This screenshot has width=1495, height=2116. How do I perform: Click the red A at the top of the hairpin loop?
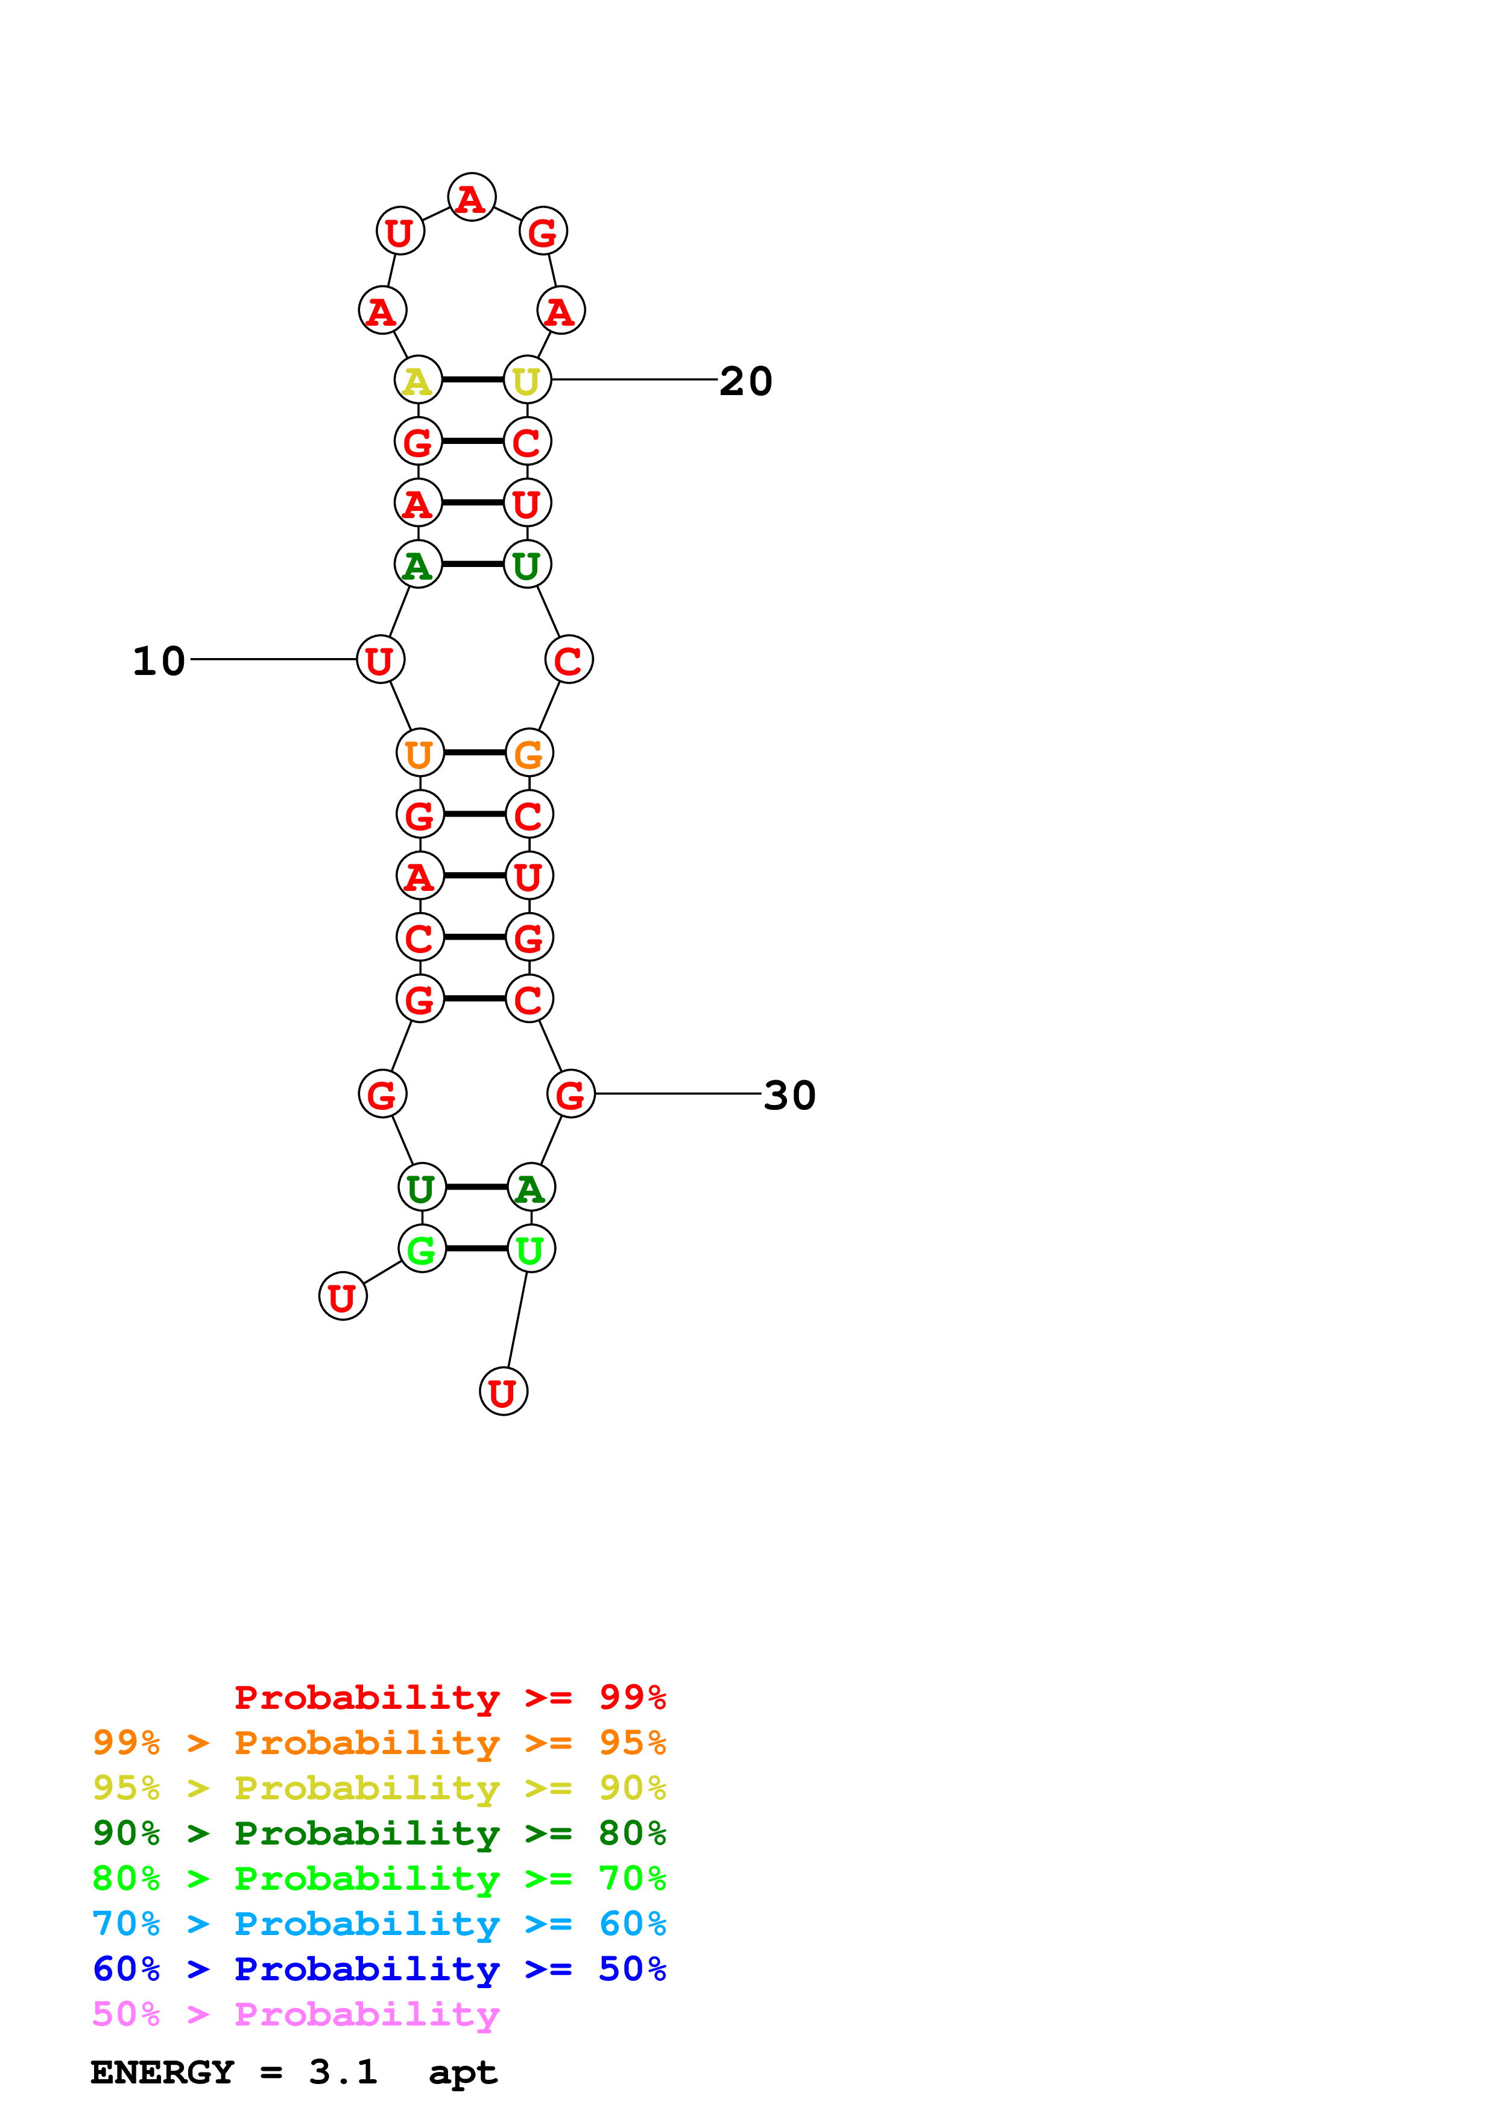(472, 197)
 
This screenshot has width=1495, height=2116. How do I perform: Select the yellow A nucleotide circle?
(418, 379)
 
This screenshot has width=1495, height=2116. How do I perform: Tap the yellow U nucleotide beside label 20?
(527, 379)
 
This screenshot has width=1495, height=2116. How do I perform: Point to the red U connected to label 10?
(381, 660)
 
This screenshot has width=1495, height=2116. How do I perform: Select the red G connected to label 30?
(570, 1094)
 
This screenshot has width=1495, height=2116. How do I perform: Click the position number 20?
(745, 381)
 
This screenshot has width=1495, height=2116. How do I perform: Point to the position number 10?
(159, 660)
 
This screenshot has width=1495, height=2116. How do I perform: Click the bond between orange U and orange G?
(475, 753)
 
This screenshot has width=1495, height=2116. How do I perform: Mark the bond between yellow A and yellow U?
(473, 379)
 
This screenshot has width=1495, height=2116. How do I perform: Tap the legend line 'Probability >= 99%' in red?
(449, 1697)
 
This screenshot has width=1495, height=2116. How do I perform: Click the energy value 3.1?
(343, 2072)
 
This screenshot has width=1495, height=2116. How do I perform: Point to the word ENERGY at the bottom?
(162, 2072)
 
